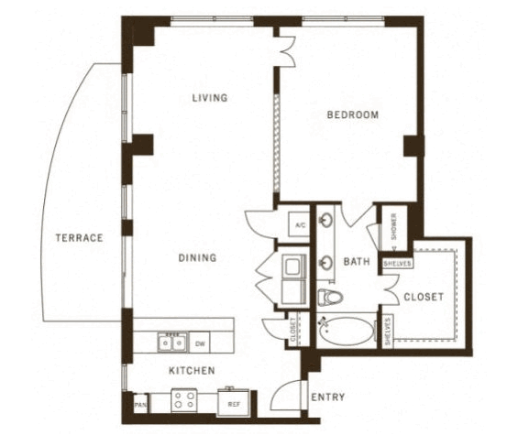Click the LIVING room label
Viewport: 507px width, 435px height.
(x=210, y=97)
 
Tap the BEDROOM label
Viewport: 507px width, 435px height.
(x=353, y=114)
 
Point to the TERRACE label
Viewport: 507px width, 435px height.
(x=79, y=238)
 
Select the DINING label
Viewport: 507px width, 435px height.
(x=197, y=257)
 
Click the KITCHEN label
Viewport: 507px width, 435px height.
(x=192, y=370)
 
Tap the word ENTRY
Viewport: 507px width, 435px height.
(x=328, y=397)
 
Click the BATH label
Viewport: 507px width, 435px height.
(x=357, y=261)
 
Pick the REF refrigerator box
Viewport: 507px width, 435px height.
(x=234, y=403)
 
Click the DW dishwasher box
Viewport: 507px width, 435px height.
(x=200, y=343)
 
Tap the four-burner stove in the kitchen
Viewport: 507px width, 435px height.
(x=184, y=400)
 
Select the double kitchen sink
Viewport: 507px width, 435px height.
(x=172, y=342)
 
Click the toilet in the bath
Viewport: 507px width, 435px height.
(x=330, y=297)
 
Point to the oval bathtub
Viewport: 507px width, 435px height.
(x=346, y=331)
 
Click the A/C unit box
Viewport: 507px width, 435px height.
(x=300, y=224)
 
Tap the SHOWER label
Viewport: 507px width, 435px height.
(x=394, y=226)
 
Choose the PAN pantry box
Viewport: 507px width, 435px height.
(x=140, y=403)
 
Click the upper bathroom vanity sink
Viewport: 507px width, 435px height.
(x=325, y=221)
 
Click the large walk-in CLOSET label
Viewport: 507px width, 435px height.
(x=424, y=297)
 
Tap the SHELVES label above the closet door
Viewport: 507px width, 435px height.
(x=397, y=264)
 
